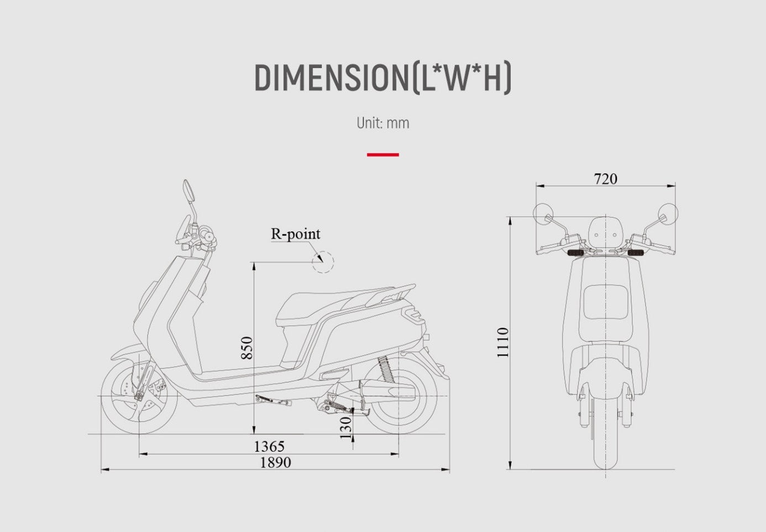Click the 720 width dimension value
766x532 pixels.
click(605, 179)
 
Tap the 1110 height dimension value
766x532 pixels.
click(503, 343)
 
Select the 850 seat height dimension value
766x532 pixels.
click(246, 348)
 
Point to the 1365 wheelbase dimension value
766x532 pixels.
click(269, 446)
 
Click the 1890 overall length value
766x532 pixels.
click(276, 462)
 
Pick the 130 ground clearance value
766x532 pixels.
click(346, 428)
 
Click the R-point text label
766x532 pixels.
click(296, 234)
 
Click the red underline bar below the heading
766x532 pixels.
click(382, 155)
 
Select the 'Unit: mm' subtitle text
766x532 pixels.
click(382, 123)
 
